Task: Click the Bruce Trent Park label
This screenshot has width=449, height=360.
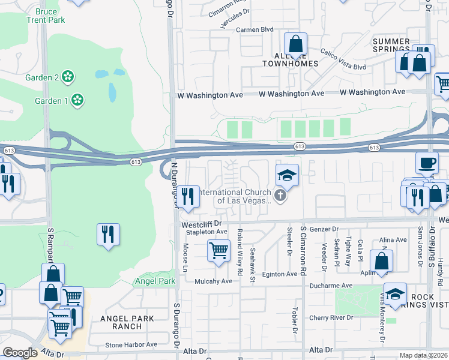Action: point(46,16)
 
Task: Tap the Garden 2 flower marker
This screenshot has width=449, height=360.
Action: point(68,77)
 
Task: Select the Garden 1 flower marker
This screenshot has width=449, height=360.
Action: point(77,100)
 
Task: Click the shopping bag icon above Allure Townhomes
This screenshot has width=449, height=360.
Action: point(295,44)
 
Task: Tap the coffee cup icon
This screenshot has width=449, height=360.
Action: point(427,163)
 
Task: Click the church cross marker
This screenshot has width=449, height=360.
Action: point(280,196)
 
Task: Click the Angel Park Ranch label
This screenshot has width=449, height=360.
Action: point(127,322)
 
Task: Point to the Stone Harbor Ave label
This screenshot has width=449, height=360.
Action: point(131,345)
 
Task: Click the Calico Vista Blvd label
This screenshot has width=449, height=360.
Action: point(343,59)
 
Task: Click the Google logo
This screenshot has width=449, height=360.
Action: point(19,353)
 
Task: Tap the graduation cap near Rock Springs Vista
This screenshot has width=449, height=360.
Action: point(396,293)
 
